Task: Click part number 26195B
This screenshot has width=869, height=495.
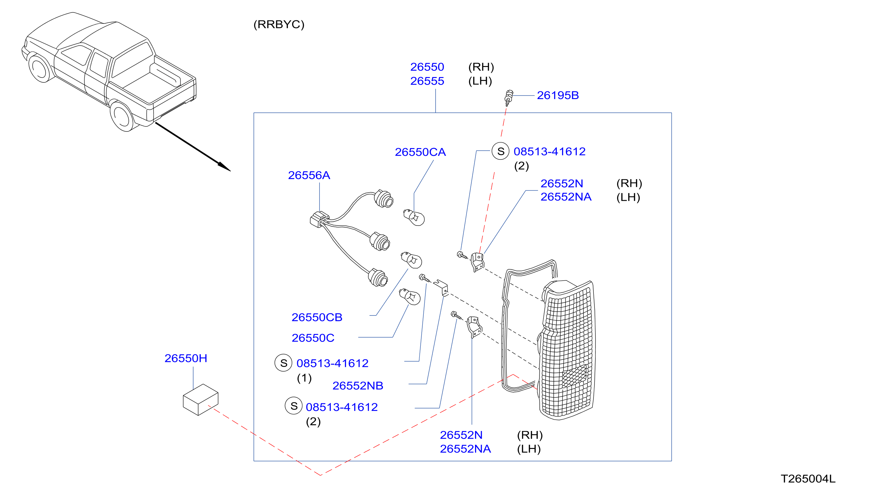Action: [557, 95]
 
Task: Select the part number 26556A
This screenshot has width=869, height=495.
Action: [309, 175]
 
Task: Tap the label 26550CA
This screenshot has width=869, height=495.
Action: [420, 152]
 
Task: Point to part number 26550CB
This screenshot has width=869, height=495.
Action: [317, 318]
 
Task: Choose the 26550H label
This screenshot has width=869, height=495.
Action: [185, 358]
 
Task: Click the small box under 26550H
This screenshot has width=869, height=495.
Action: [200, 400]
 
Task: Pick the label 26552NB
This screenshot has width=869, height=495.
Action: [358, 386]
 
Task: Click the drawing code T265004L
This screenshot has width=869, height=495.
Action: [808, 479]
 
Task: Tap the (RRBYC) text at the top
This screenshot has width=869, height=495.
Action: [279, 24]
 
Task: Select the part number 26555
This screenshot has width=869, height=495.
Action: [427, 81]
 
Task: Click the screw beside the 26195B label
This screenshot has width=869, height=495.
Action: [508, 98]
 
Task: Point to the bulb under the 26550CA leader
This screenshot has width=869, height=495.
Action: [414, 217]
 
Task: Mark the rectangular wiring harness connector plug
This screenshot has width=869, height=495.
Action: [319, 219]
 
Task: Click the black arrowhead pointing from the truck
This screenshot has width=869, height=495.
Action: [225, 167]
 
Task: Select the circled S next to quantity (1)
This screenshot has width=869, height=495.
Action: [284, 363]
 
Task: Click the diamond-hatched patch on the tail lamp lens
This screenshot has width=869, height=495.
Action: [574, 376]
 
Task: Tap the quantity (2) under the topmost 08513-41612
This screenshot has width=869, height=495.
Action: [521, 166]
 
